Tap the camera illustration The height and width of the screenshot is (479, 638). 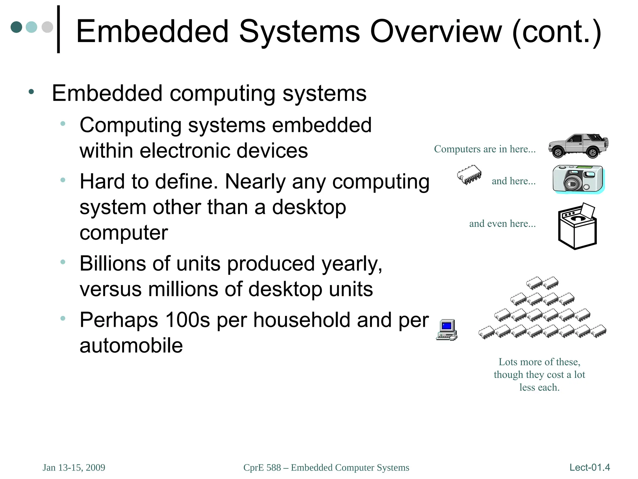(578, 179)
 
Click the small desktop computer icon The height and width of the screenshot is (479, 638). (447, 330)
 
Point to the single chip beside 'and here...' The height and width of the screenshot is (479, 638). (469, 175)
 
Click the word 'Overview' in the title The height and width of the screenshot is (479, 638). (436, 31)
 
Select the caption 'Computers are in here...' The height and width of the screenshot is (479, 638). (485, 149)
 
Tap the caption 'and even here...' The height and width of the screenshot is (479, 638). (502, 224)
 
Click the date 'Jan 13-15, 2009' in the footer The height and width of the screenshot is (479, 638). (74, 467)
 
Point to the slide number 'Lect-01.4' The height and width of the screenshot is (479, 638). (589, 467)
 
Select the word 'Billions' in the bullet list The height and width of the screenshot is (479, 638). (113, 264)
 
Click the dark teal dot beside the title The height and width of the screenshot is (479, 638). (16, 27)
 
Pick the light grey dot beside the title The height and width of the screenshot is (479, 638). (47, 27)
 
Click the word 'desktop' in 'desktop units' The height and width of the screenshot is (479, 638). (285, 289)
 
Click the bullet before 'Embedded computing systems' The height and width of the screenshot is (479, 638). (31, 92)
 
